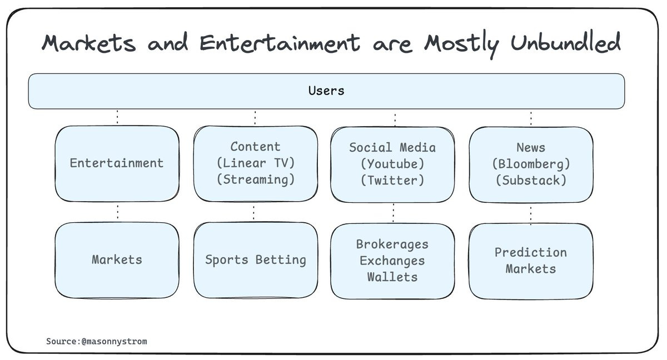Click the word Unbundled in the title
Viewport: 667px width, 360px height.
click(558, 43)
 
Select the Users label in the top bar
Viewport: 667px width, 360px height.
click(326, 91)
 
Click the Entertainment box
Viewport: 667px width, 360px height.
click(117, 163)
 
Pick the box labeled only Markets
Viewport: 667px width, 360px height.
click(117, 259)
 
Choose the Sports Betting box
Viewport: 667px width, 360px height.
click(256, 259)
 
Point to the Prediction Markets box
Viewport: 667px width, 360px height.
click(531, 261)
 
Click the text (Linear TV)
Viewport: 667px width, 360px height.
click(256, 163)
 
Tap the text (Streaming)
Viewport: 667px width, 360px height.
click(256, 179)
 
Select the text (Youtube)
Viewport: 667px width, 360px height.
click(392, 164)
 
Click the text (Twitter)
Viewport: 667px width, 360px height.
click(392, 180)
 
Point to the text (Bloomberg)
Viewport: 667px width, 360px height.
click(531, 164)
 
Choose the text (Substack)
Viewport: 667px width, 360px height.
click(531, 180)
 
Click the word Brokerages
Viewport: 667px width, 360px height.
click(392, 244)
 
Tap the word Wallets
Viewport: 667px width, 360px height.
click(392, 277)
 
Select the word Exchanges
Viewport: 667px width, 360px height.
click(392, 261)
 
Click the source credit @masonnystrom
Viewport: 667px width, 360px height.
click(114, 341)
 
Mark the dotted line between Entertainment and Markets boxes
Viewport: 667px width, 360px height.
click(117, 212)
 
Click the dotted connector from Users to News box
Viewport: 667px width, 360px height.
click(531, 118)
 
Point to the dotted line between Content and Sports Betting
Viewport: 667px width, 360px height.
click(254, 212)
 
